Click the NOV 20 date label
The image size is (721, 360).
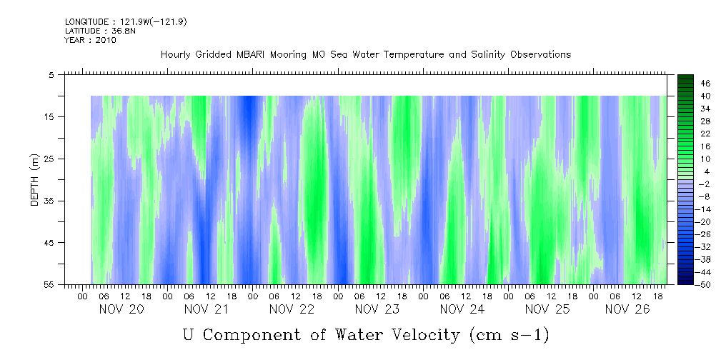(121, 309)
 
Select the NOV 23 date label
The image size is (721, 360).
(377, 309)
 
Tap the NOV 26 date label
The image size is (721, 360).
(627, 309)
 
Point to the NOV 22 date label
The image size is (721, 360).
(292, 309)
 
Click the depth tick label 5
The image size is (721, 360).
(51, 75)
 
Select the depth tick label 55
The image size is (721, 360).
(49, 285)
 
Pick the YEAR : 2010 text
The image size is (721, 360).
(90, 40)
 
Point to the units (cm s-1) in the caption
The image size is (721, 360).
(509, 334)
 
